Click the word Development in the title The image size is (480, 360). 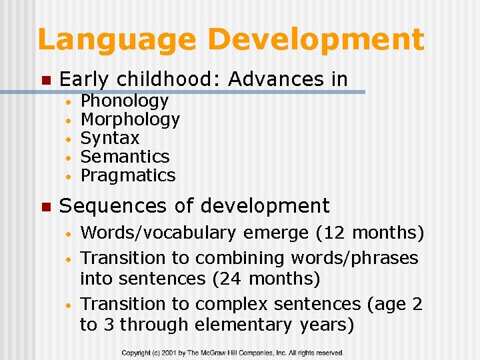coord(316,40)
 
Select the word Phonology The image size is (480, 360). coord(125,101)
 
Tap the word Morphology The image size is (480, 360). coord(130,120)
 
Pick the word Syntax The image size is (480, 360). coord(110,138)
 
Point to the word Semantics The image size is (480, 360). coord(125,157)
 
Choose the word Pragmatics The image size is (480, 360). coord(128,175)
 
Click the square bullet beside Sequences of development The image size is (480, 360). coord(45,207)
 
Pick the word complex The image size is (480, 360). coord(231,304)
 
